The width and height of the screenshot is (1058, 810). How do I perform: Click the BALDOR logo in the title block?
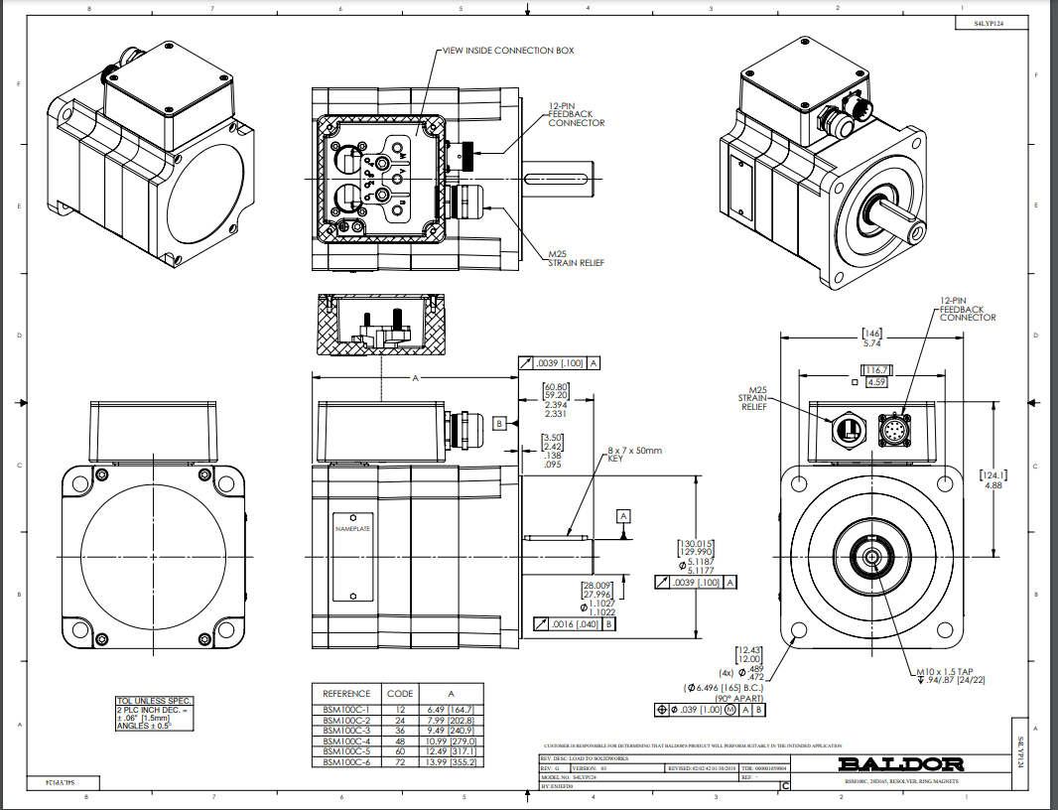coord(901,763)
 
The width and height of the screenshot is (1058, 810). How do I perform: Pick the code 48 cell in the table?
coord(400,741)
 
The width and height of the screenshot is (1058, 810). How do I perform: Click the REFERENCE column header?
coord(346,693)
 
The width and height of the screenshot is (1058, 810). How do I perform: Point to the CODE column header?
coord(400,693)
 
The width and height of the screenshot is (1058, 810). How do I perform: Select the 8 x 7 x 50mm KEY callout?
coord(634,455)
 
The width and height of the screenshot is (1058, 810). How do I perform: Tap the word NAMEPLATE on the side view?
coord(352,529)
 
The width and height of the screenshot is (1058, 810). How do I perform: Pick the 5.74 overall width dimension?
coord(872,342)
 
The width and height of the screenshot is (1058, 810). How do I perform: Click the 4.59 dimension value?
coord(876,381)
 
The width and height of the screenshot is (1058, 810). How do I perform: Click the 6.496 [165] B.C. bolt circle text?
coord(724,687)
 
